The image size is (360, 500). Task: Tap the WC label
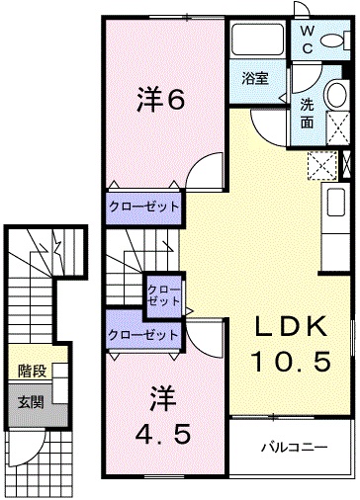tap(308, 41)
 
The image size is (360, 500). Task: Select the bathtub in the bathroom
tap(257, 39)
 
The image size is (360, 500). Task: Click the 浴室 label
tap(255, 79)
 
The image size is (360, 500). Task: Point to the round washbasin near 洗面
tap(336, 94)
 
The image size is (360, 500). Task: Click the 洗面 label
tap(307, 114)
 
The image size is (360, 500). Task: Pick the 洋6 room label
tap(160, 98)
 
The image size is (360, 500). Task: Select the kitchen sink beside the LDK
tap(336, 203)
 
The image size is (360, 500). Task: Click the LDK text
tap(290, 327)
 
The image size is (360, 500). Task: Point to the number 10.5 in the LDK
tap(291, 361)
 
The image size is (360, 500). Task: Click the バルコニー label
tap(294, 447)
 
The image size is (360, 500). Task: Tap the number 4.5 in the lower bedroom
tap(163, 434)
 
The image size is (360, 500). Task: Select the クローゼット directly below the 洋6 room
tap(143, 208)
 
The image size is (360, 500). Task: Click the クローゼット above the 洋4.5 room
tap(143, 335)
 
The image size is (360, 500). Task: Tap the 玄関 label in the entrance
tap(31, 402)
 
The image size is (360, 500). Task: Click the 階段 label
tap(32, 371)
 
